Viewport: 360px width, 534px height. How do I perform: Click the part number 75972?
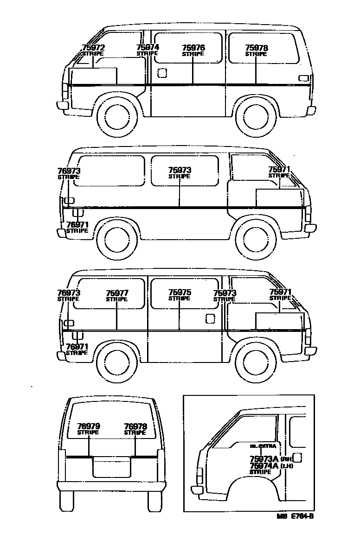tap(93, 48)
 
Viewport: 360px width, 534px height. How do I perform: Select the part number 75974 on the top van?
tap(148, 47)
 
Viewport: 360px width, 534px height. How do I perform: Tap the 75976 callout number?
tap(193, 48)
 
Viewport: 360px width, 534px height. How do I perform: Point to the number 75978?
tap(256, 48)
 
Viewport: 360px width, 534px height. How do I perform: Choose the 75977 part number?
tap(116, 293)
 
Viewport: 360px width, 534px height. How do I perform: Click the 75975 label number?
tap(179, 292)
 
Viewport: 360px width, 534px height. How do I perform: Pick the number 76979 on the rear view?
tap(88, 426)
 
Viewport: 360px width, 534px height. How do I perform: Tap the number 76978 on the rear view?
tap(135, 426)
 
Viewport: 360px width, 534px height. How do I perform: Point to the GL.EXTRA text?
tap(263, 446)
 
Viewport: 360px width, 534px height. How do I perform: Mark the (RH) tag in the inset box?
tap(286, 459)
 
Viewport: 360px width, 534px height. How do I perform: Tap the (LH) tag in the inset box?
tap(286, 466)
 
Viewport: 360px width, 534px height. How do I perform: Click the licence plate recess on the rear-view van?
tap(111, 467)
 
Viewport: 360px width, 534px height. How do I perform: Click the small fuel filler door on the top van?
tap(162, 73)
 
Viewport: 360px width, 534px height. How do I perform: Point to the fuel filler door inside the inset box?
tap(298, 458)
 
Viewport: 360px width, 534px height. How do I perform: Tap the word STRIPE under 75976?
tap(193, 54)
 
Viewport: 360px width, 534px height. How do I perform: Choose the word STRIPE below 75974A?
tap(260, 472)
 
